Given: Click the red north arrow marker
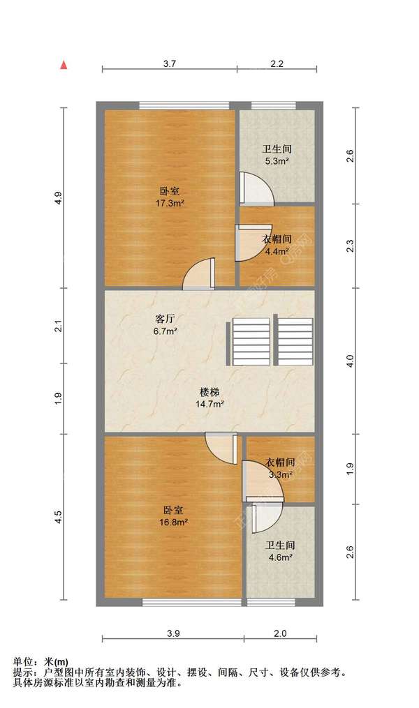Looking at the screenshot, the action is pos(64,65).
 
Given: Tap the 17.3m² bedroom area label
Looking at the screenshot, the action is pos(170,203).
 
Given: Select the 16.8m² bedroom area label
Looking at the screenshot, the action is pos(174,522).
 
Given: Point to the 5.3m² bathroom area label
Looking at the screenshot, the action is pos(277,160).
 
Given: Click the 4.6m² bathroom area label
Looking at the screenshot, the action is pos(280,557).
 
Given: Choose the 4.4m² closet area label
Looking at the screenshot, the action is pos(277,251).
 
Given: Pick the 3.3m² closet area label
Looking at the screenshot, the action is pos(280,474).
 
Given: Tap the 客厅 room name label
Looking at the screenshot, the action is pos(165,319).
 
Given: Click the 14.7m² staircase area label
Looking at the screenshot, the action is pos(209,404).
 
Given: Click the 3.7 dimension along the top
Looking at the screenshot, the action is pos(170,63).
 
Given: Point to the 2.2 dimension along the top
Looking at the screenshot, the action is pos(277,63).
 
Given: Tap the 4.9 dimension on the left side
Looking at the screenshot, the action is pos(58,198).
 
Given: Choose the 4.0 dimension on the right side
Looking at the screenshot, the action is pos(351,361).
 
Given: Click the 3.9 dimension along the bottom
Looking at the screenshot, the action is pos(173,633).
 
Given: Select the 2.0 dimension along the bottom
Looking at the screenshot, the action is pos(280,633).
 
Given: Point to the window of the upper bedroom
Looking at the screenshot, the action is pos(184,105).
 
